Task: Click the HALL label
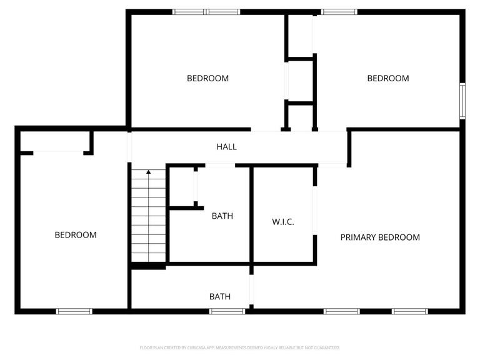point(226,147)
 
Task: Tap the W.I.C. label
point(282,222)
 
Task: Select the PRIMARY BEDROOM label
point(379,237)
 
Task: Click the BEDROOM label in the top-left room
point(207,78)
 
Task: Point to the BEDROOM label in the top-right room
point(387,78)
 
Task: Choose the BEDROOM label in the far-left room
point(76,235)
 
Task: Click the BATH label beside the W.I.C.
point(222,216)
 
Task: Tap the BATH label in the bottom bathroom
point(219,296)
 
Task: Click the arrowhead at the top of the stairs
point(149,171)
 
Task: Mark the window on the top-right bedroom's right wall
point(462,101)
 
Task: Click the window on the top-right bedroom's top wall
point(339,11)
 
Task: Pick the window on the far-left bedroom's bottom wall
point(74,311)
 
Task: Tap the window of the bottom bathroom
point(227,311)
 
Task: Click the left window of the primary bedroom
point(342,311)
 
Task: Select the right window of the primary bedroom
point(410,311)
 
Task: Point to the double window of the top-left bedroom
point(206,11)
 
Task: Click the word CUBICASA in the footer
point(195,347)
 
